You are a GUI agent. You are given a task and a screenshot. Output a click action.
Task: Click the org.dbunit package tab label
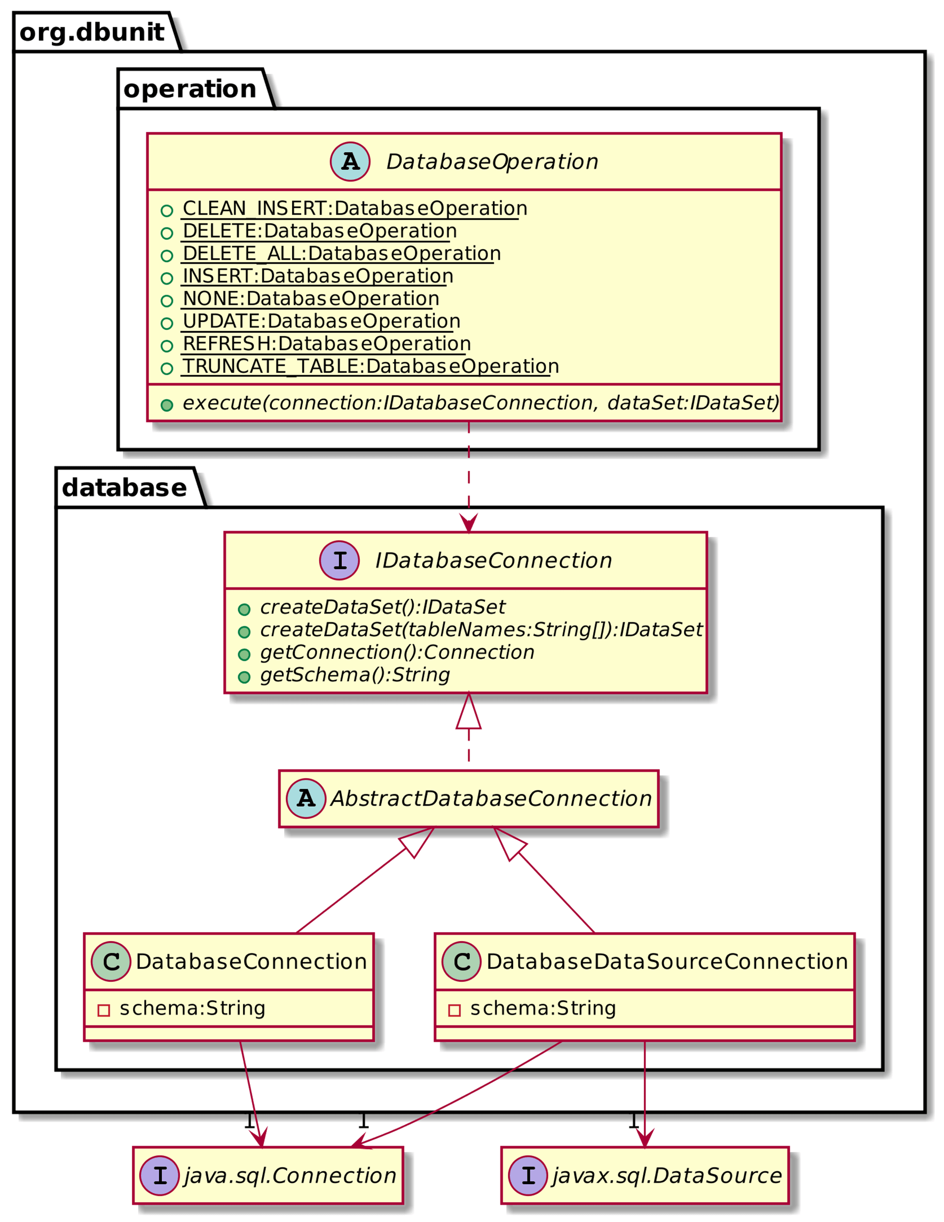(92, 32)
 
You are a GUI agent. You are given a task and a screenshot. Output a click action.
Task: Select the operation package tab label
(190, 89)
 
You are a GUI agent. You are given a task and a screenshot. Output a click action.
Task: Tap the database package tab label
(124, 487)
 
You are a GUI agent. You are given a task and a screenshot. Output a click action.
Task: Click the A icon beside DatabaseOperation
(350, 162)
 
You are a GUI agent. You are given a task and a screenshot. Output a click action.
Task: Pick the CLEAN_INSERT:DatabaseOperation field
(354, 209)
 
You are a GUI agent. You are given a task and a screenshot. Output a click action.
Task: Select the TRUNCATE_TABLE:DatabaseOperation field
(370, 366)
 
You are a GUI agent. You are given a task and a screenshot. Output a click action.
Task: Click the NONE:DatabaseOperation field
(311, 299)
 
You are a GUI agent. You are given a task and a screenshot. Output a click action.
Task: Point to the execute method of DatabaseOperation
(480, 403)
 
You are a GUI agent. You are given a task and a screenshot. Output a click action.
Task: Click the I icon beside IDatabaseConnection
(339, 560)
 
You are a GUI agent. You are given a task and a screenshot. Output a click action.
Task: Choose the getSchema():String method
(355, 675)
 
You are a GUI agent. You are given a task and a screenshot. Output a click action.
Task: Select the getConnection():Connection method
(397, 652)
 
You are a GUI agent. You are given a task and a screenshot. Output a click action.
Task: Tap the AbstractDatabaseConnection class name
(491, 799)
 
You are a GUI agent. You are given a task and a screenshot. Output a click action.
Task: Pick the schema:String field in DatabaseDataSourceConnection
(542, 1008)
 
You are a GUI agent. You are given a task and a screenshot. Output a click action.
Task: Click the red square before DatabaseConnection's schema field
(104, 1011)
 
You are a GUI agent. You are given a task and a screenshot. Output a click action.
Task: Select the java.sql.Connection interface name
(290, 1176)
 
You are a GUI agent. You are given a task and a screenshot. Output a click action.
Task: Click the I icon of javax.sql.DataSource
(528, 1176)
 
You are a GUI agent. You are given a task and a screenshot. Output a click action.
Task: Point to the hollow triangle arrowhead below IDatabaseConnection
(468, 712)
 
